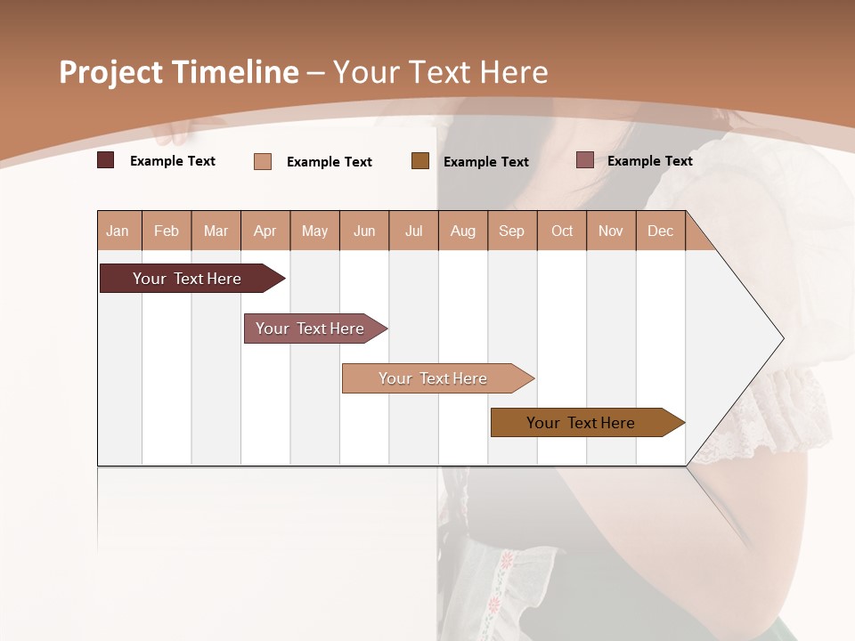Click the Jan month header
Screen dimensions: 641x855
[x=118, y=231]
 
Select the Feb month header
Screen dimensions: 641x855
[x=167, y=231]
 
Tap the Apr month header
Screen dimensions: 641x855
[x=265, y=231]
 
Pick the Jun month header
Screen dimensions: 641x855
[x=364, y=231]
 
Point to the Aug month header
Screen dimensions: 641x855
[x=462, y=231]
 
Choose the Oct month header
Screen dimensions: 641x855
[x=562, y=231]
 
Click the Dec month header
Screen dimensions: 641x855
[x=660, y=231]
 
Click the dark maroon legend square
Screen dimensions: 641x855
[x=106, y=160]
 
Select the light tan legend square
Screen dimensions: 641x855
[x=263, y=161]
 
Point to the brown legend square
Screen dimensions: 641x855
[x=420, y=160]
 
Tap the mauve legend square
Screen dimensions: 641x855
[x=585, y=160]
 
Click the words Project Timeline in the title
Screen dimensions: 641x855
[x=179, y=72]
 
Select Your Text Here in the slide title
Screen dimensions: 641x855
[x=441, y=72]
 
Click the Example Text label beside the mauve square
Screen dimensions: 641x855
[x=649, y=161]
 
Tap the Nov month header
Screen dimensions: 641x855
[x=611, y=231]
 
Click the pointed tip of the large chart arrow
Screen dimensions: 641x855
[x=781, y=338]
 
